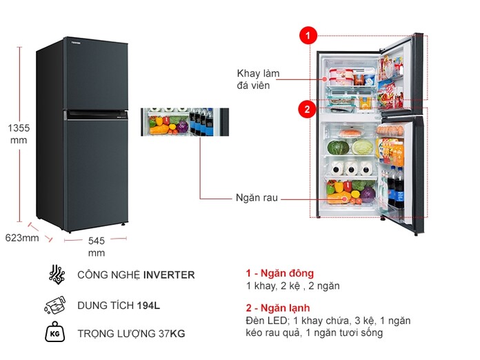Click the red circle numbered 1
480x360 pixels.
click(x=308, y=34)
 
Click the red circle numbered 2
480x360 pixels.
click(x=308, y=108)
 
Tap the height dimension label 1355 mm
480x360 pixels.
click(x=18, y=134)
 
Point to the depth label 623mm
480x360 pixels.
click(x=22, y=238)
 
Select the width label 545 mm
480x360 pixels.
click(x=97, y=247)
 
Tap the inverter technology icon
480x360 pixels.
click(x=57, y=274)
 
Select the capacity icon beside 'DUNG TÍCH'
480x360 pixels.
click(x=56, y=305)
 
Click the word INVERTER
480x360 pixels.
click(x=169, y=275)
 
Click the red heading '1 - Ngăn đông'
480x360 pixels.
click(x=280, y=273)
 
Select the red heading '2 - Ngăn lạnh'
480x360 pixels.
click(x=278, y=308)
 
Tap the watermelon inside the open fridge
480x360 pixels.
click(x=337, y=147)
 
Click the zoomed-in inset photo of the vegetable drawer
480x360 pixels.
click(x=184, y=121)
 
